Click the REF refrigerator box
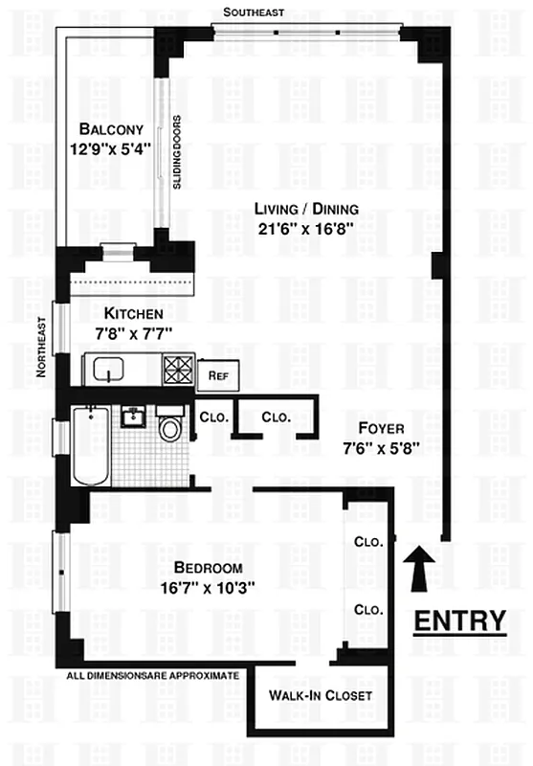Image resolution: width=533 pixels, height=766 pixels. [x=217, y=374]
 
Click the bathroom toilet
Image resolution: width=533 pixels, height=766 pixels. [x=171, y=426]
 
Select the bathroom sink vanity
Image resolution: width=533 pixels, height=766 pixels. [x=133, y=417]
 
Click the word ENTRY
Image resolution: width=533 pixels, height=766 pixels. [x=459, y=620]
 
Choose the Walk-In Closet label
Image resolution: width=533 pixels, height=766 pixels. [x=320, y=696]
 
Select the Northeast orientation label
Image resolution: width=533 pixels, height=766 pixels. [x=41, y=349]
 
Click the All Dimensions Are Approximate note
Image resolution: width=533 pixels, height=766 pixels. [x=153, y=676]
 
